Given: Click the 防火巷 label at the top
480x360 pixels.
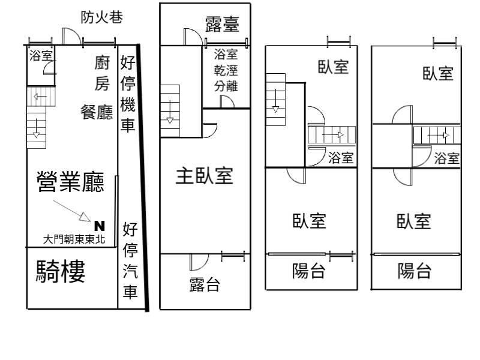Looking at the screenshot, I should (x=102, y=18).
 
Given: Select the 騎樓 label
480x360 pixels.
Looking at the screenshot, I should (x=61, y=272).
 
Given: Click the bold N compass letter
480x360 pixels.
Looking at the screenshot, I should (x=100, y=226).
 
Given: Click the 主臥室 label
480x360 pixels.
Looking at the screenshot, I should (x=204, y=176).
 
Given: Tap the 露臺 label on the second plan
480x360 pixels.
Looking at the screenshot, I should (x=222, y=25).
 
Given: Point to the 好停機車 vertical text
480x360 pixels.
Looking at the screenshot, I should (x=128, y=94).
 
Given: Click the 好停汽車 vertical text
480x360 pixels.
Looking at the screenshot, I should (x=130, y=261).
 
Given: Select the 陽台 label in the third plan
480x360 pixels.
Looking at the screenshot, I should (x=308, y=272).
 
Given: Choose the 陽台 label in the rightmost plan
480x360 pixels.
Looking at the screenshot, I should (x=415, y=272).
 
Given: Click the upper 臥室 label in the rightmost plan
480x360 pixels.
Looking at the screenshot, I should (x=437, y=73).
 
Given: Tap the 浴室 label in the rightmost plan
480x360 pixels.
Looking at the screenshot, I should (x=446, y=158).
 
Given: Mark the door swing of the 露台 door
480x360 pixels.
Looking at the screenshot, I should (x=197, y=262).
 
